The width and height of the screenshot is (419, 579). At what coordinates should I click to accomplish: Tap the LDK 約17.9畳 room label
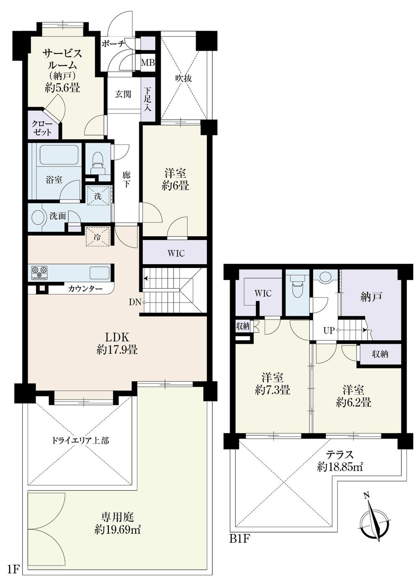coord(116,343)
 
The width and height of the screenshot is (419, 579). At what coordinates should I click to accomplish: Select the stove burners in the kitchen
coord(39,273)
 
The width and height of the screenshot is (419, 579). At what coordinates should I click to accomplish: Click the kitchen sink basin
coord(99,273)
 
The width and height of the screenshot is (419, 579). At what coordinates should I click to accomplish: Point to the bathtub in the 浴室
coord(59,155)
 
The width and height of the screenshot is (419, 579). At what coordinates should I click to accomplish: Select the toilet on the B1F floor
coord(297,287)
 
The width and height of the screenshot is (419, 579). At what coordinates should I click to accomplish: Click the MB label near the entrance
coord(147,63)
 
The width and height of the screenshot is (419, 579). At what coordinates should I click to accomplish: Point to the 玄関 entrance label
coord(123,94)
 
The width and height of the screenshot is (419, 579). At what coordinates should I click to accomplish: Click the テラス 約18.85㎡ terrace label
coord(340,460)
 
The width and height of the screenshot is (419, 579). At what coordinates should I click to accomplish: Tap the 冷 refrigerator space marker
coord(98,237)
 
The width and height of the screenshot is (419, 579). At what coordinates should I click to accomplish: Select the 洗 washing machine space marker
coord(98,196)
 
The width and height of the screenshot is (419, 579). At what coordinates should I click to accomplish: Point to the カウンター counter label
coord(85,288)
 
